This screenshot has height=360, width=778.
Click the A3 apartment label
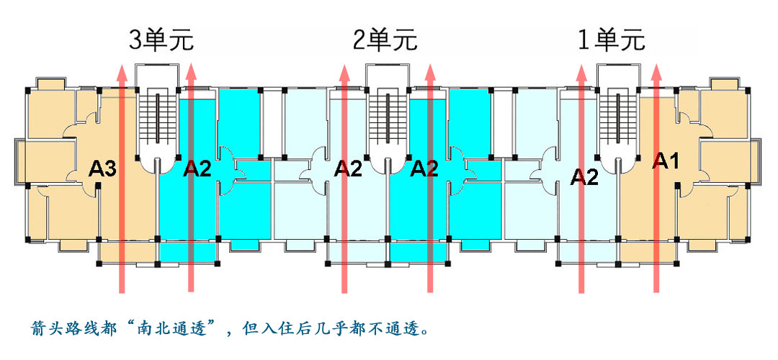102,170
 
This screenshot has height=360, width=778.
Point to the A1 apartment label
666,161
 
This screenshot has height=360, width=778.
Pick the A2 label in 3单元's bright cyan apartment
197,170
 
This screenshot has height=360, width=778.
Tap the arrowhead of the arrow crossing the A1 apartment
657,71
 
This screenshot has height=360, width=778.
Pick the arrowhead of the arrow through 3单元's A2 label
190,71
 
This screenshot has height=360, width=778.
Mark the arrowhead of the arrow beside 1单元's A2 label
581,71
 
